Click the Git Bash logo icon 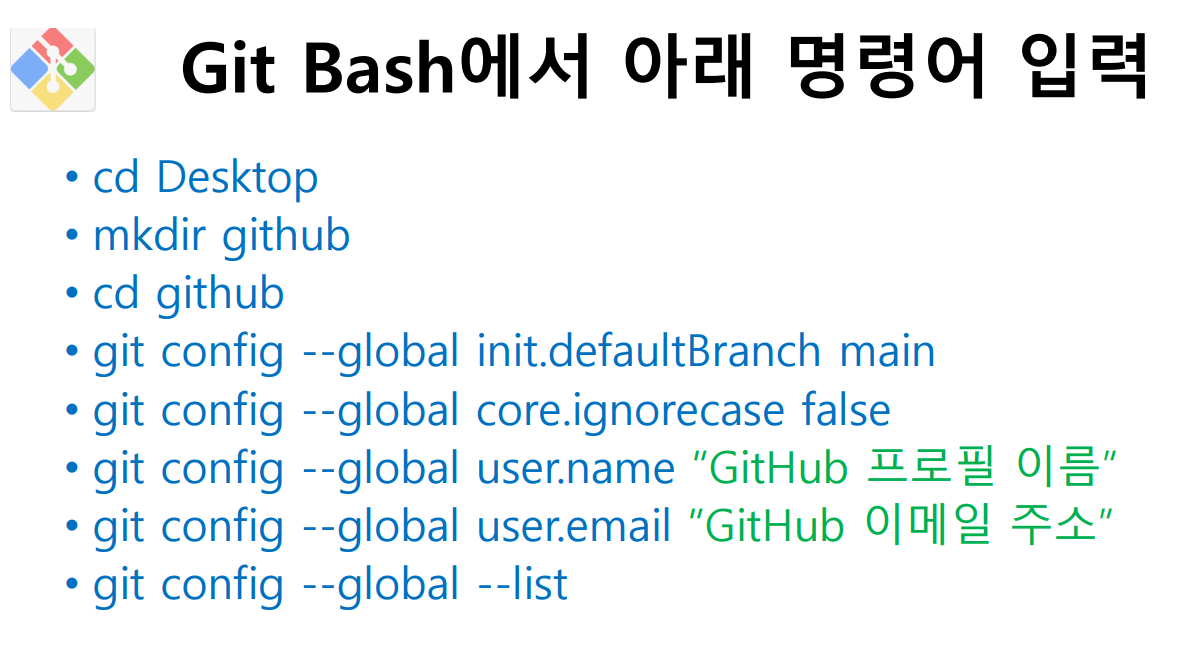[53, 69]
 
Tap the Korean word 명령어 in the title [887, 67]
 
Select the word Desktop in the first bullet [237, 179]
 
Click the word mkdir [149, 234]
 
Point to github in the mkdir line [286, 236]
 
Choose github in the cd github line [220, 295]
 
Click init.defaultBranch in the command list [649, 351]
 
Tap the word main [887, 353]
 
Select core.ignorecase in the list [630, 412]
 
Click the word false [846, 410]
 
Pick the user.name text [575, 469]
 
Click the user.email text [573, 527]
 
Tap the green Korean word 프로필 [930, 466]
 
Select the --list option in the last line [522, 585]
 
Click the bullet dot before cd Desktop [72, 178]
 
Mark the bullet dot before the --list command [72, 584]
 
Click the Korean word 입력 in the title [1084, 67]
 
